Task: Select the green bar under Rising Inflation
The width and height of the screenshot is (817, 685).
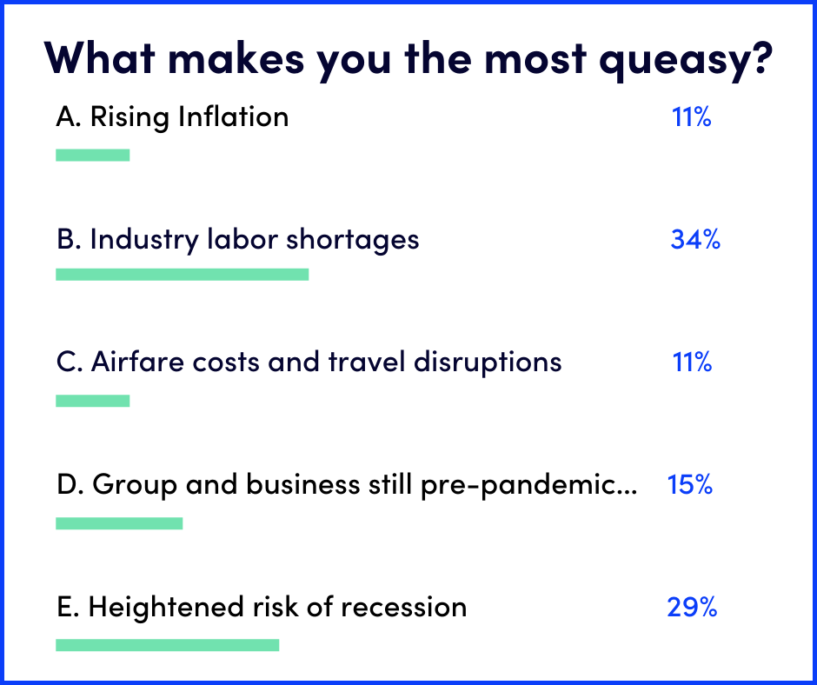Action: click(x=93, y=155)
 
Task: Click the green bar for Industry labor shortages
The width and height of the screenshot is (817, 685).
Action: click(x=183, y=274)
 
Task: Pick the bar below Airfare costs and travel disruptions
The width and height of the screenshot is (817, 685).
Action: click(x=93, y=401)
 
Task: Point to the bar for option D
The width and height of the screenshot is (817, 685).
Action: click(x=119, y=522)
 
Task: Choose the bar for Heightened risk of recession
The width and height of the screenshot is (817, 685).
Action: click(x=167, y=645)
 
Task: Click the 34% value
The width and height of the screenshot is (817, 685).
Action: click(x=695, y=239)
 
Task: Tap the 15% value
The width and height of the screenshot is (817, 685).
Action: click(x=690, y=484)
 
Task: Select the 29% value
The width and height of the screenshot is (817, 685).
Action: click(x=692, y=607)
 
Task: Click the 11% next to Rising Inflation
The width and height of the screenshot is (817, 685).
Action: click(x=692, y=116)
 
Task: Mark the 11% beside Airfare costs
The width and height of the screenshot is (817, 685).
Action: click(x=692, y=362)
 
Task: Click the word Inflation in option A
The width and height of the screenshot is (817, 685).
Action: click(x=234, y=116)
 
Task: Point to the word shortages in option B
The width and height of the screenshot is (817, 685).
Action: click(x=353, y=240)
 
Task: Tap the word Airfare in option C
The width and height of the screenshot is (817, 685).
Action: click(x=137, y=362)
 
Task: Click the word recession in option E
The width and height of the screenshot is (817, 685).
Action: click(x=404, y=608)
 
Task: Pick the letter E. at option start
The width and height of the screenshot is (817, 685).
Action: click(x=68, y=607)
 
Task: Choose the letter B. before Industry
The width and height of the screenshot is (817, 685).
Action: click(x=69, y=239)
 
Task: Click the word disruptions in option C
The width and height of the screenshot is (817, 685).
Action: click(x=488, y=362)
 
